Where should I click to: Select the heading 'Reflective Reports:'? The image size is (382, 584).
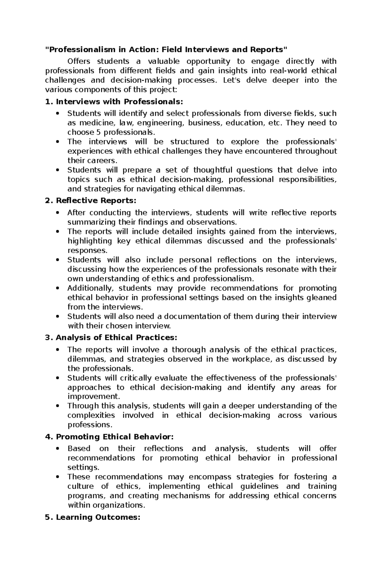point(96,201)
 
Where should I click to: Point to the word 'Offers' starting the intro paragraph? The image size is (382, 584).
point(79,61)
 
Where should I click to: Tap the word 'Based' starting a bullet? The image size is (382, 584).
point(79,448)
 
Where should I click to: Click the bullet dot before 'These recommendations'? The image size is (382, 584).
point(58,477)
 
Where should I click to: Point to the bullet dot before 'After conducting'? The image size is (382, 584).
point(58,213)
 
